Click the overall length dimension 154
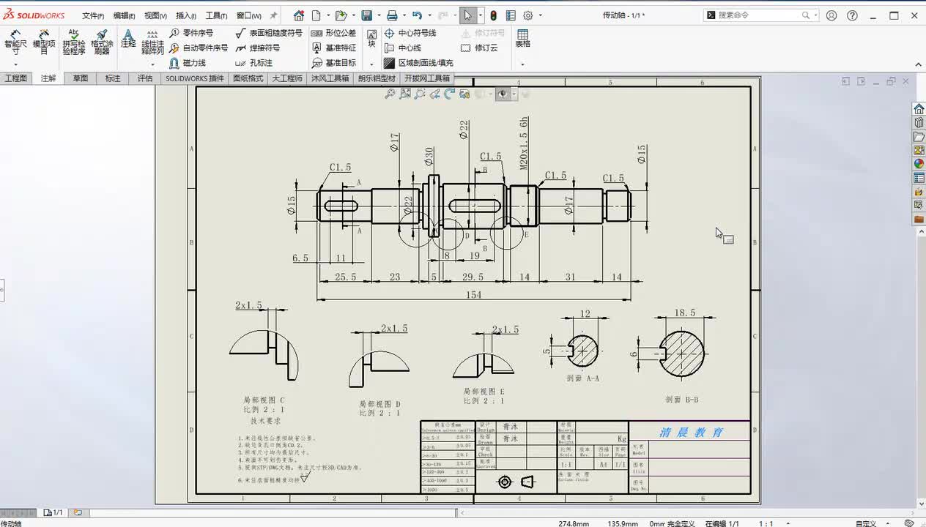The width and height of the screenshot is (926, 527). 473,294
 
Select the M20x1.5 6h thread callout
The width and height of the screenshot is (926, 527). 524,143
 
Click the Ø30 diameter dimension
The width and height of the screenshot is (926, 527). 429,156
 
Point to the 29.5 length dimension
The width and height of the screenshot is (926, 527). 473,277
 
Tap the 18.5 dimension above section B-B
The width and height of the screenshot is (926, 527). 684,313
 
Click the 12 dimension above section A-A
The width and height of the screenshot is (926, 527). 584,313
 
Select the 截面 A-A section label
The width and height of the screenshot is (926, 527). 582,378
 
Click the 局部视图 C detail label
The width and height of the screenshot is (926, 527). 264,400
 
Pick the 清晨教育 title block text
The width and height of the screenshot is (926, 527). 691,432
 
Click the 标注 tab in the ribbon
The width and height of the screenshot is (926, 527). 113,78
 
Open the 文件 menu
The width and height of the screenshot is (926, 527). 92,15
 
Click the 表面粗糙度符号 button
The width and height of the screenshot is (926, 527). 269,33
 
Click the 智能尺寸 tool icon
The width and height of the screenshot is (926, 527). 15,42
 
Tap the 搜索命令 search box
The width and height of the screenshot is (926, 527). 758,15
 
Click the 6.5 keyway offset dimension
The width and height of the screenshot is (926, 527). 300,258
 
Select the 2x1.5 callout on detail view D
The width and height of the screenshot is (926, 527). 394,329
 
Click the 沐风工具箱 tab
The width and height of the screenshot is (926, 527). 330,78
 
